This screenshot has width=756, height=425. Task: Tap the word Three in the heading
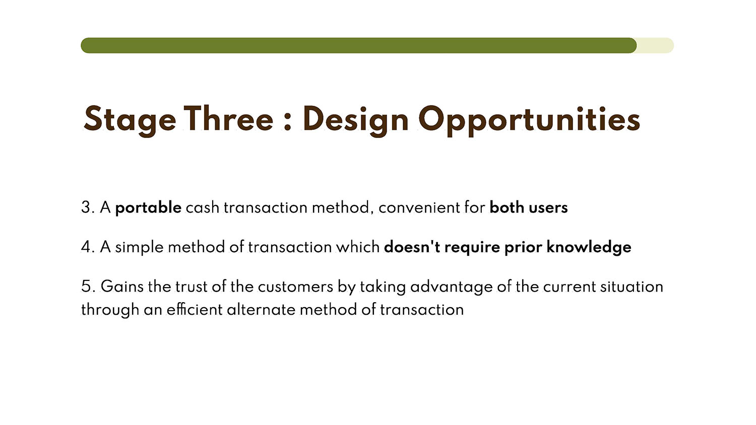pyautogui.click(x=228, y=118)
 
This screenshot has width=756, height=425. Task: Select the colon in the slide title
pyautogui.click(x=287, y=122)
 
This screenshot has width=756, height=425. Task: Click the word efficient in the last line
pyautogui.click(x=195, y=309)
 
